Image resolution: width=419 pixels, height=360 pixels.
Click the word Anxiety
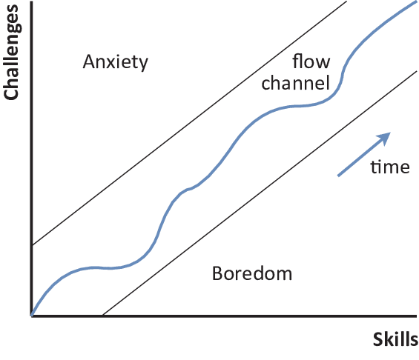tap(115, 62)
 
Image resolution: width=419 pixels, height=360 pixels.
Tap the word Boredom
tap(252, 273)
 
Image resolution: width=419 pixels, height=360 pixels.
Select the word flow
tap(311, 61)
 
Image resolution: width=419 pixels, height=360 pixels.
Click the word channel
tap(296, 83)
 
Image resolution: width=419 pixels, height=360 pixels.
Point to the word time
tap(390, 167)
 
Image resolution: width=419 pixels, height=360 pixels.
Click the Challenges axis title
tap(11, 53)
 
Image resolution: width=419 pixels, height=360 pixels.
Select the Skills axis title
tap(395, 339)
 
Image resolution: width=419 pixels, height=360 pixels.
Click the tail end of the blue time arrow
tap(338, 176)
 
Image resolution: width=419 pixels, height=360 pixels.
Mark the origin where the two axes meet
tap(32, 316)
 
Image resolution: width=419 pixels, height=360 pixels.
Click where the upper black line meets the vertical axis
tap(33, 244)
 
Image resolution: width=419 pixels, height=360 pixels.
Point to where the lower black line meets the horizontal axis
tap(103, 316)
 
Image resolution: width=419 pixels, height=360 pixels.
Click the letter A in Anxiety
tap(89, 61)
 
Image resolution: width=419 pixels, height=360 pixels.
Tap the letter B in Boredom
tap(217, 273)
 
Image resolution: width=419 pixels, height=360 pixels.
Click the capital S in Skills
tap(378, 340)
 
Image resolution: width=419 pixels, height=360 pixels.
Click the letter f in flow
tap(296, 61)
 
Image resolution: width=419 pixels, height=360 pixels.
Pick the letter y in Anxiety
tap(143, 64)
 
